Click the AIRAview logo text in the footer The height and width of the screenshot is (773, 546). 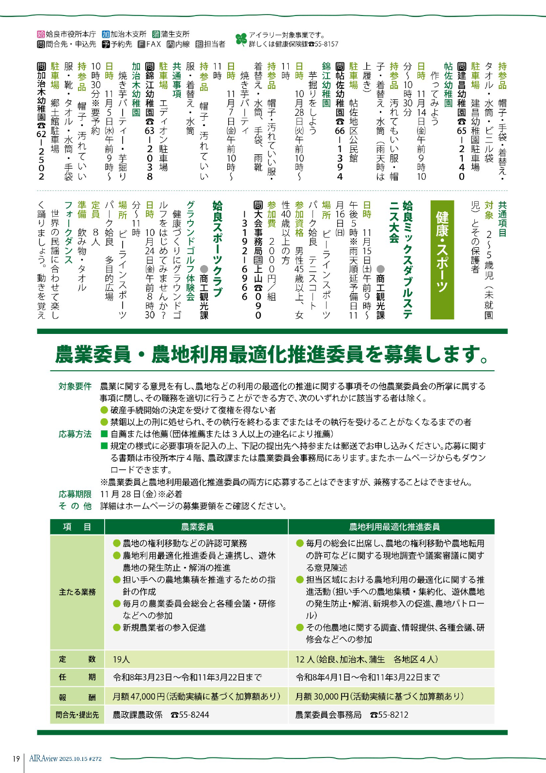click(44, 758)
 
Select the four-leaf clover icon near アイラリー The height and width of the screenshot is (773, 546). click(241, 39)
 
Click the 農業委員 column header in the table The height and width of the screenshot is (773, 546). click(197, 527)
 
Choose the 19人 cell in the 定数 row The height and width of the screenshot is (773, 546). click(121, 659)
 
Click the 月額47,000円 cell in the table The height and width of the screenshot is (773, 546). click(196, 696)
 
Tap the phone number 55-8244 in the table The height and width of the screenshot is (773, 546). click(190, 715)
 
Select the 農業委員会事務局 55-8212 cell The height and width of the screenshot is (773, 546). click(352, 715)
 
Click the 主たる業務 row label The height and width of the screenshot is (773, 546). click(77, 592)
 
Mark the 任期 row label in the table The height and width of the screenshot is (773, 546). click(77, 678)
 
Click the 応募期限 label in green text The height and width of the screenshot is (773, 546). click(75, 494)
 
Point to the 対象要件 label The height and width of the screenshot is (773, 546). click(75, 386)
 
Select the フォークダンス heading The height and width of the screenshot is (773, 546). click(68, 233)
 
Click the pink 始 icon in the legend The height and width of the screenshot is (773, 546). click(41, 34)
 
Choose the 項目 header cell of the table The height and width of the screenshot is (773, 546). click(77, 527)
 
